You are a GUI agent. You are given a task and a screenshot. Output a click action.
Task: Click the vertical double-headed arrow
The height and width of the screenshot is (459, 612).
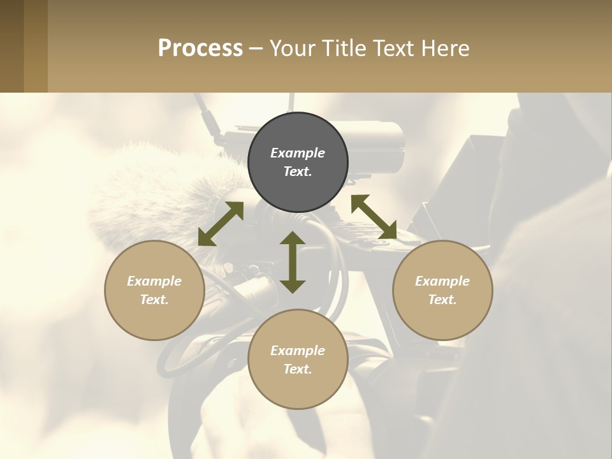(x=293, y=262)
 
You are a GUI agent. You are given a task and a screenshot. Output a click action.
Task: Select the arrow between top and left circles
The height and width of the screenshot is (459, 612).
(x=221, y=224)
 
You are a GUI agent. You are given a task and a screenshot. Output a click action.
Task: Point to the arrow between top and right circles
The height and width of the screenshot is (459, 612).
(x=374, y=217)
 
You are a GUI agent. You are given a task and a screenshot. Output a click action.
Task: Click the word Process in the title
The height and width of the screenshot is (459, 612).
(x=200, y=48)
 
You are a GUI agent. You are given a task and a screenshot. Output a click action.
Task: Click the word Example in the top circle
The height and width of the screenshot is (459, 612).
(x=298, y=153)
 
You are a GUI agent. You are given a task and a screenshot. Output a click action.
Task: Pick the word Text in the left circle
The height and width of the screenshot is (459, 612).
(x=154, y=300)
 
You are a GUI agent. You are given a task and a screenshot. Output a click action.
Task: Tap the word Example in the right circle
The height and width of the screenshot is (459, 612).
(x=442, y=281)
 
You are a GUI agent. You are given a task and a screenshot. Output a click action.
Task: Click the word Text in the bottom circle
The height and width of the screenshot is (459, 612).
(x=298, y=369)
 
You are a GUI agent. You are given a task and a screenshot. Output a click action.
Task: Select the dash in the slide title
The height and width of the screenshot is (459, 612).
(x=256, y=49)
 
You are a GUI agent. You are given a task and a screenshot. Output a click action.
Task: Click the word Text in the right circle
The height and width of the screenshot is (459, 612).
(x=442, y=300)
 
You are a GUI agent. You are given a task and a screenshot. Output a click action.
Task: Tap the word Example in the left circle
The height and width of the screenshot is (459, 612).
(x=154, y=281)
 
